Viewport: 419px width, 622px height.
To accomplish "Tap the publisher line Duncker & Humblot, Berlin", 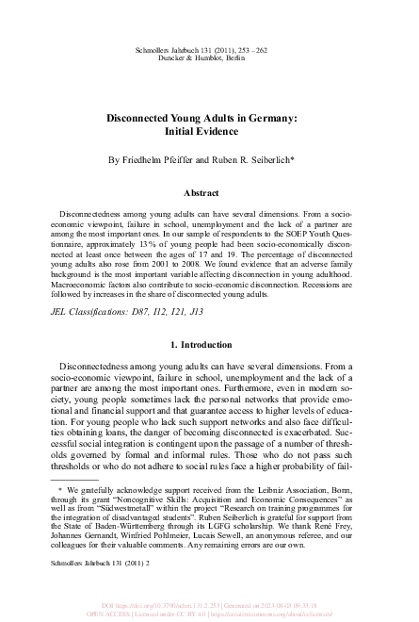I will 209,57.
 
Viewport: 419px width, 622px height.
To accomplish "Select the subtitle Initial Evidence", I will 209,133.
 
